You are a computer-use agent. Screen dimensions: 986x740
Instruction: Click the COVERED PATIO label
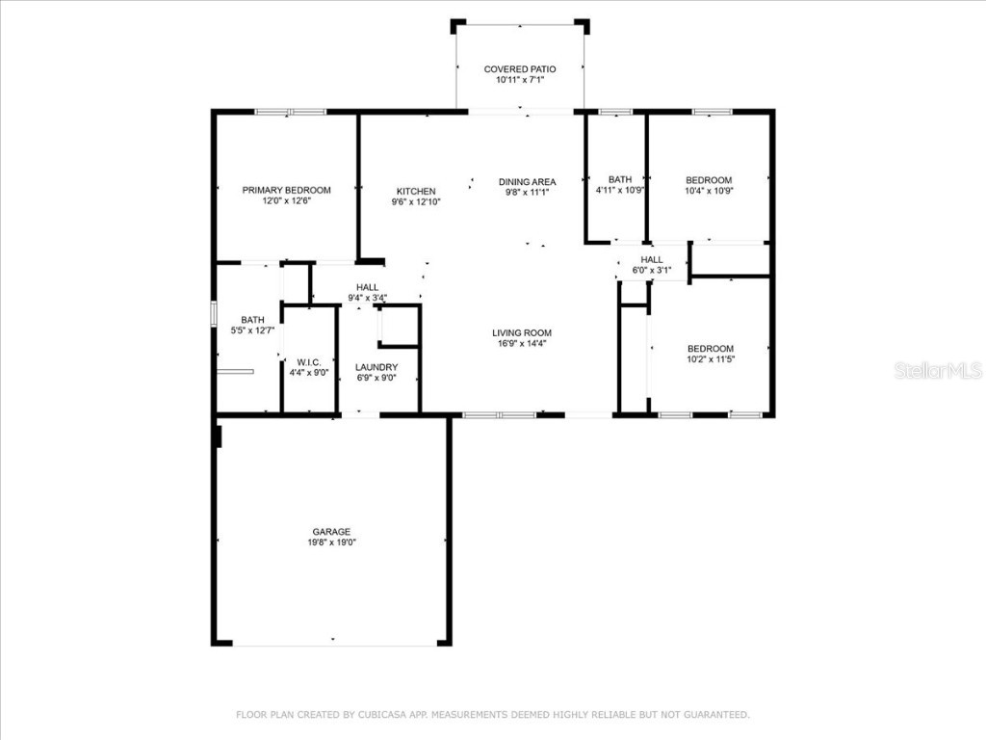(x=520, y=69)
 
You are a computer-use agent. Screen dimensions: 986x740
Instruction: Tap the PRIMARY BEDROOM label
(x=287, y=190)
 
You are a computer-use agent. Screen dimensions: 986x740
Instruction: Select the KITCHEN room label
(x=416, y=192)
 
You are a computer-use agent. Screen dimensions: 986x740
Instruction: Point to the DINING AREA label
(x=527, y=182)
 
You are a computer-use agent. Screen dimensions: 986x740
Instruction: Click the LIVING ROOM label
(x=522, y=332)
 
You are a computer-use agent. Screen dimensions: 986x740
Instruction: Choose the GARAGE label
(x=331, y=532)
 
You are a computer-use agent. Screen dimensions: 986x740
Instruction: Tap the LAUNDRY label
(x=376, y=367)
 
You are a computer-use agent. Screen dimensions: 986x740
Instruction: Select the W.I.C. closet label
(x=309, y=362)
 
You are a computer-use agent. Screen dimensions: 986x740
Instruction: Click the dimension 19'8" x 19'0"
(x=331, y=542)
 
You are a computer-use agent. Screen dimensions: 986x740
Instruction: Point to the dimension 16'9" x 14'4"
(x=522, y=344)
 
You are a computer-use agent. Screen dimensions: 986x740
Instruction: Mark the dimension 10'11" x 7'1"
(x=520, y=80)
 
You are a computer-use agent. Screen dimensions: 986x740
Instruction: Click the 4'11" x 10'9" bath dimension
(x=620, y=190)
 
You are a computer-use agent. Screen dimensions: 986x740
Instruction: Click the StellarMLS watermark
(x=938, y=370)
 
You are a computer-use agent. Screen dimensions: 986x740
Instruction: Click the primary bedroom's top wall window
(x=291, y=112)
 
